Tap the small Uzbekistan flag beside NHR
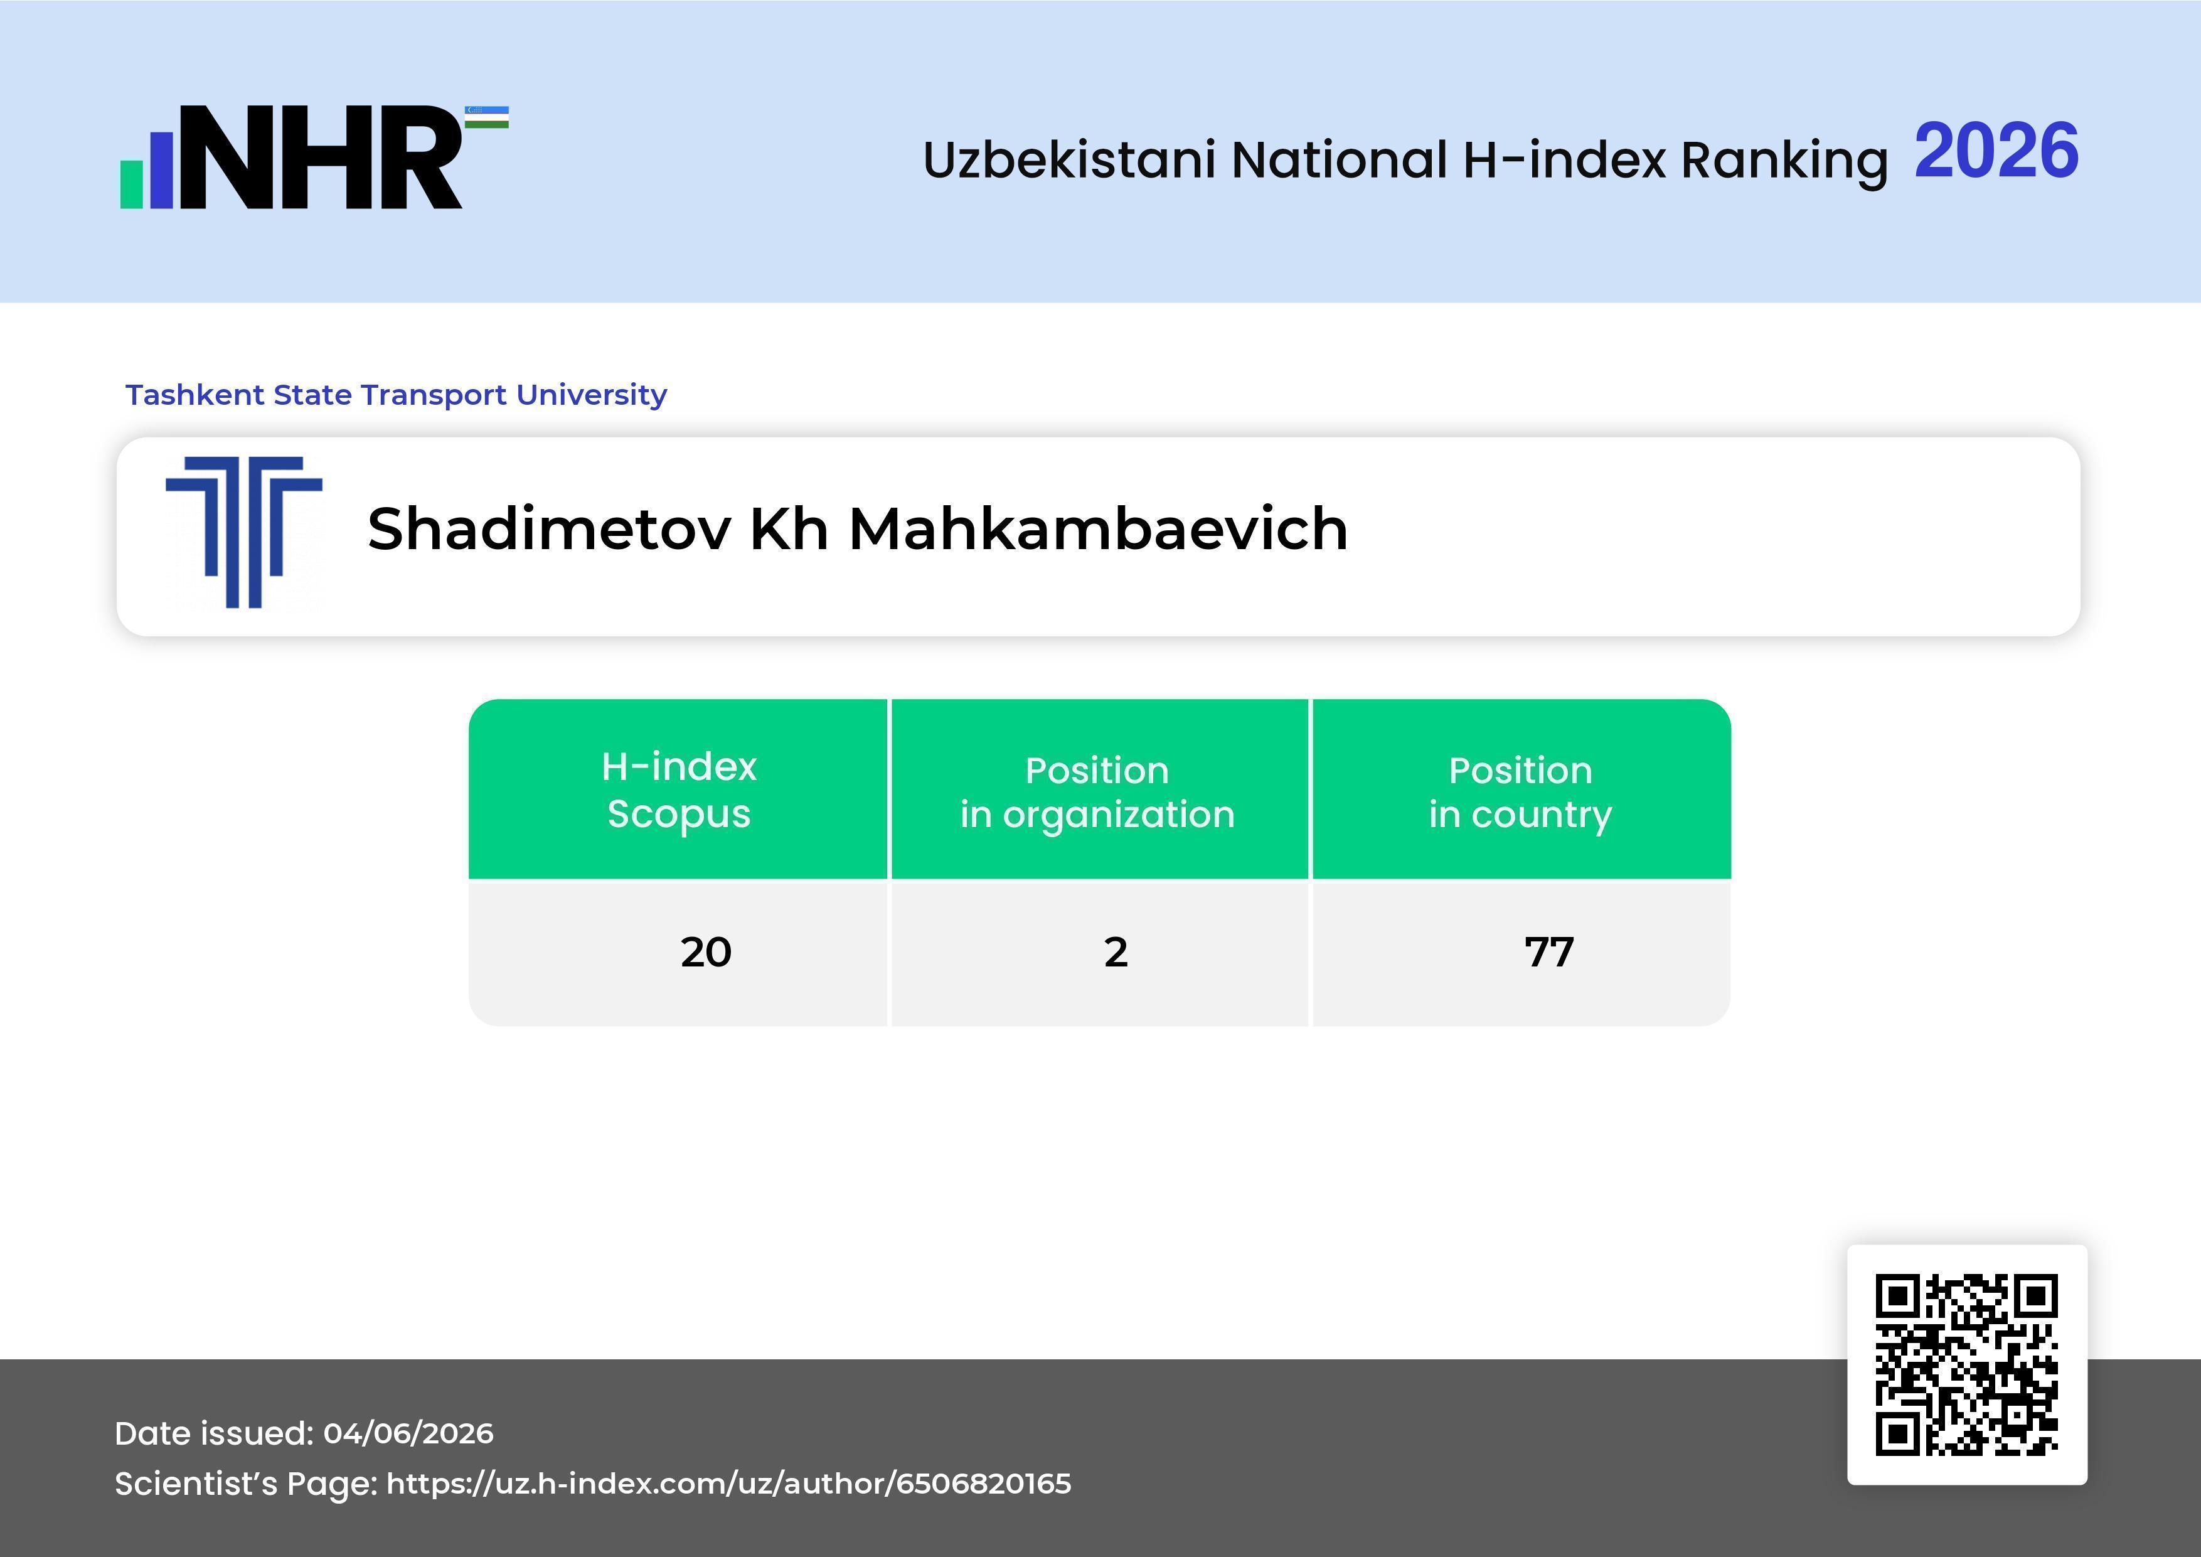[487, 117]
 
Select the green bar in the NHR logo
[131, 184]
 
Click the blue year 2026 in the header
[1996, 151]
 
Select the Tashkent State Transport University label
[396, 395]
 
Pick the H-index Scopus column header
[679, 790]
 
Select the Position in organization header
[1097, 792]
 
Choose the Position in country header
[1520, 792]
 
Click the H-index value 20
[706, 952]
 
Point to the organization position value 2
[1116, 952]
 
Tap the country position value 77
[1549, 952]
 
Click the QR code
[1966, 1364]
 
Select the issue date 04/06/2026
[408, 1433]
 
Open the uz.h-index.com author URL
[728, 1484]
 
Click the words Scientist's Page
[245, 1484]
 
